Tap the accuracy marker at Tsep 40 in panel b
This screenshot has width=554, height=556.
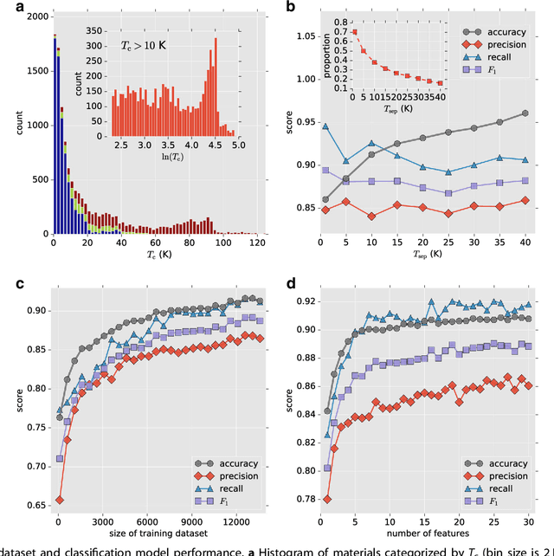pos(524,113)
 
